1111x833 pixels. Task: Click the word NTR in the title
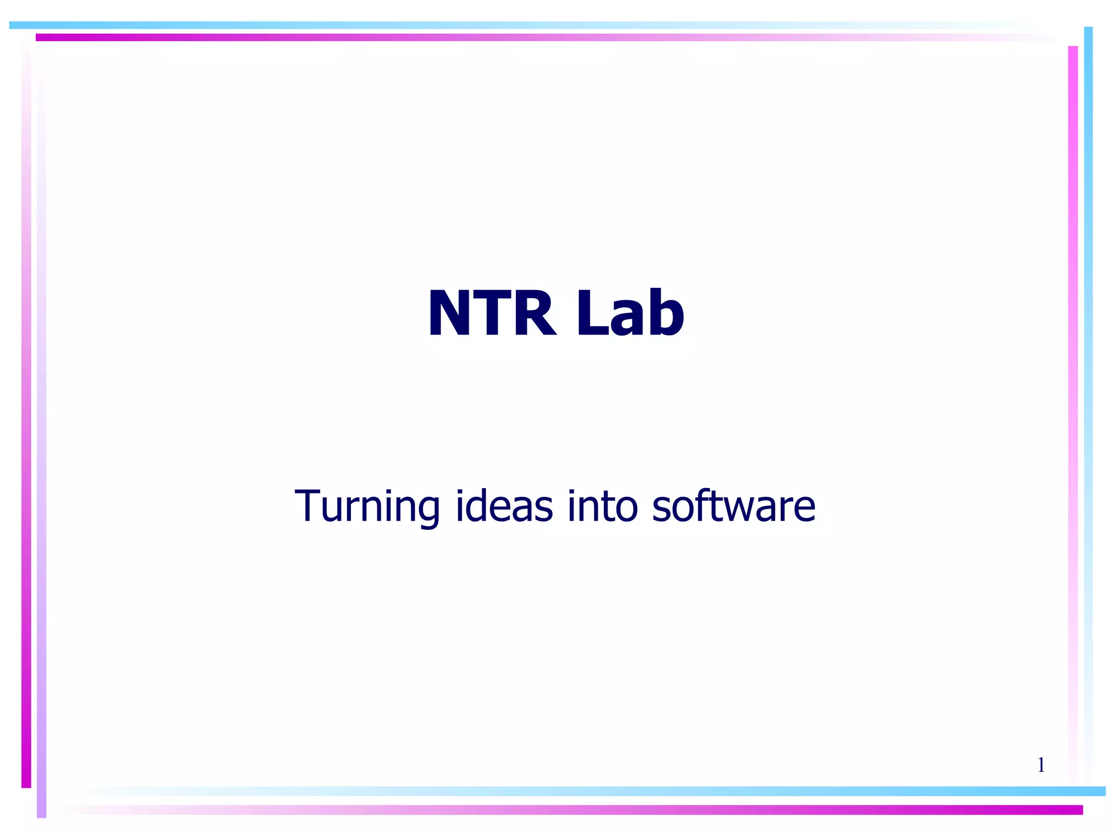coord(491,313)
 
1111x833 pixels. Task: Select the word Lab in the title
coord(630,313)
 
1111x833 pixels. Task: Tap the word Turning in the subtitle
coord(367,507)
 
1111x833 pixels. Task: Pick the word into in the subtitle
coord(602,505)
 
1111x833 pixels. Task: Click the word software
coord(733,505)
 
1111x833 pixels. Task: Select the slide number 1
coord(1041,765)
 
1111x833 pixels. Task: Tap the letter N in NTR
coord(449,313)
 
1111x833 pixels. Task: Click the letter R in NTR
coord(534,313)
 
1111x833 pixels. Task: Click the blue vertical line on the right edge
coord(1088,380)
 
